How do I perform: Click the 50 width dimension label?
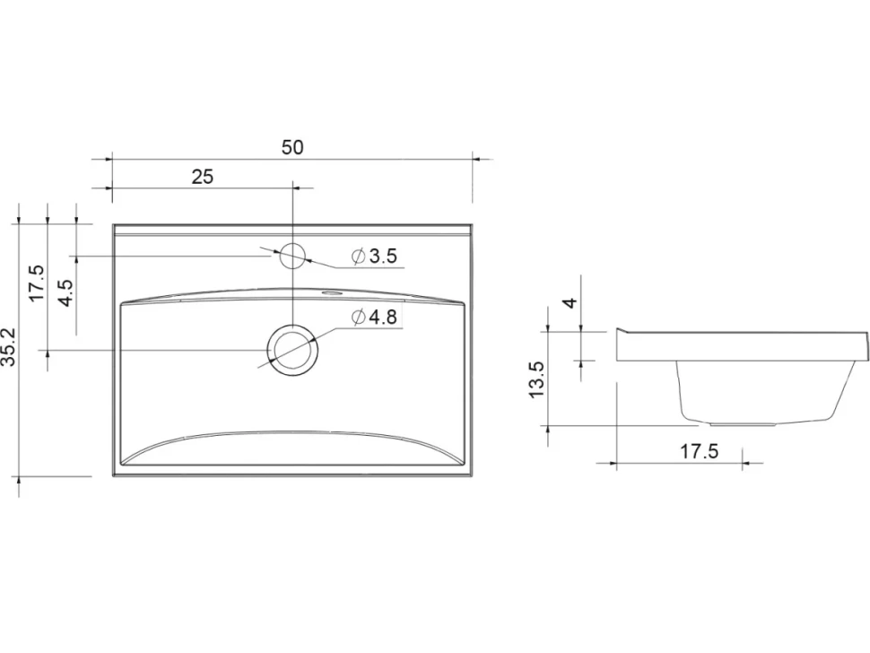[292, 148]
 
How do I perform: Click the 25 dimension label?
[202, 177]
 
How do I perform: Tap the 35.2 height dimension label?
[10, 347]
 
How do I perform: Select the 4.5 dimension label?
[66, 292]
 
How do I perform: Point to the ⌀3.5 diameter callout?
[375, 257]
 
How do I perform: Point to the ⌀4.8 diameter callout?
[375, 318]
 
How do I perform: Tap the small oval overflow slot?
[332, 292]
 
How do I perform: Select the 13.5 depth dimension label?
[537, 379]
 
